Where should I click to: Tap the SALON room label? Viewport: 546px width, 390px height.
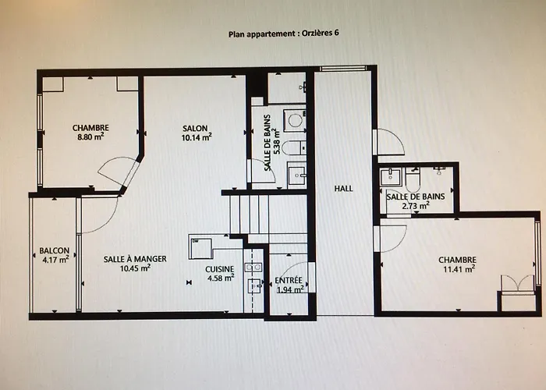tap(196, 129)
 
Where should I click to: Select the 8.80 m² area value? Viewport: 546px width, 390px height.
tap(91, 136)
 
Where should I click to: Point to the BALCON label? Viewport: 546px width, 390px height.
tap(54, 250)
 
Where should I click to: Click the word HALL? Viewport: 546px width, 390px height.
tap(344, 189)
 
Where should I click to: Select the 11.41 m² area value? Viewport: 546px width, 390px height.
tap(457, 268)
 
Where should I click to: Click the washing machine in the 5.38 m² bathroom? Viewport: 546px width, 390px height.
tap(294, 120)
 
